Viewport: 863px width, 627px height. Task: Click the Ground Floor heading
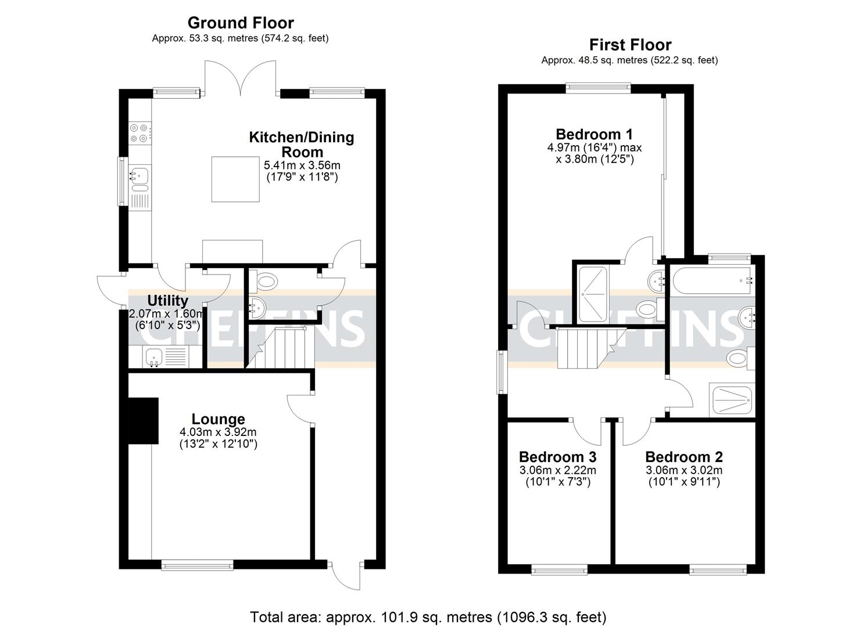[240, 23]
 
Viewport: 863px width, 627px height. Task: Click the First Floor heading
[630, 45]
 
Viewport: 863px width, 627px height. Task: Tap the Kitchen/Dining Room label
[301, 144]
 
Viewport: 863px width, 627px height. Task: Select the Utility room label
[167, 301]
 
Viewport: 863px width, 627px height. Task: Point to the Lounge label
[218, 419]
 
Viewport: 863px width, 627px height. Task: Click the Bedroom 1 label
[594, 135]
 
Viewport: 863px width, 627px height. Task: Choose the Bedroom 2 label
[683, 457]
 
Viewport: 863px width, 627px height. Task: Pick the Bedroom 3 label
[557, 457]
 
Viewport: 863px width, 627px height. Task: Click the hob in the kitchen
[139, 133]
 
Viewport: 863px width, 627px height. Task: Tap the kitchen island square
[235, 179]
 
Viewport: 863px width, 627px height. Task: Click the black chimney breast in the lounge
[143, 420]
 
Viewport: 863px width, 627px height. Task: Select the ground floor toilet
[266, 282]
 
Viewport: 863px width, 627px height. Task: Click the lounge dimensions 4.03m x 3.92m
[218, 433]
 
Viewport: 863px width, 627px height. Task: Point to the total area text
[428, 617]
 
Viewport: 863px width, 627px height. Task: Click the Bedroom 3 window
[557, 571]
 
